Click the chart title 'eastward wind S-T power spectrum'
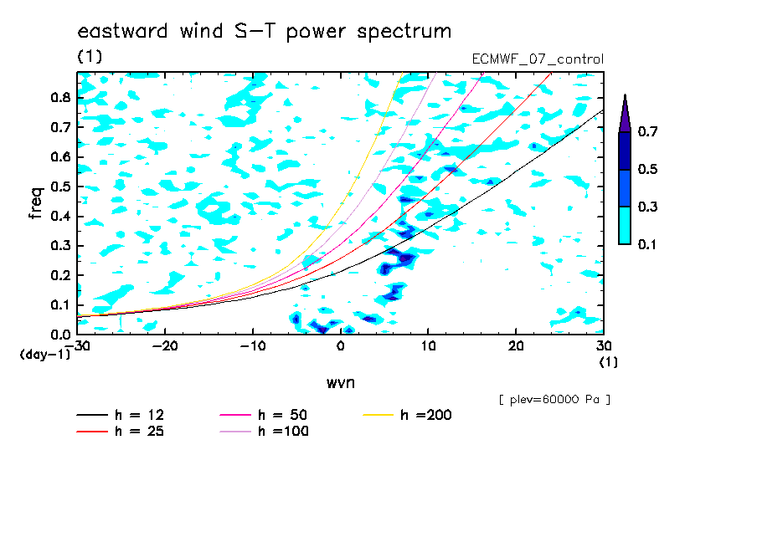tap(264, 31)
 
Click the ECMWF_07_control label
tap(538, 59)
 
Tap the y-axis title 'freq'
tap(36, 203)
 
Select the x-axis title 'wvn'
tap(341, 383)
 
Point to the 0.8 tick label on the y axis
tap(60, 97)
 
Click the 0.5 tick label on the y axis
tap(60, 187)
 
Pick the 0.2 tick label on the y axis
tap(60, 275)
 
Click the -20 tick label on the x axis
tap(165, 346)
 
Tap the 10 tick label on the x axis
tap(428, 346)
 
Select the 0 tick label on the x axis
tap(341, 346)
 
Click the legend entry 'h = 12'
tap(121, 415)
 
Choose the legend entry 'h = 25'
tap(121, 431)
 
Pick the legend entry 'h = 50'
tap(264, 415)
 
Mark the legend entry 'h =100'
tap(264, 431)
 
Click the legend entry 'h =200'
tap(408, 415)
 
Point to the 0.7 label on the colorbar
tap(647, 131)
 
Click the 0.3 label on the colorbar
tap(647, 207)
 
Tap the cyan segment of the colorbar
tap(625, 225)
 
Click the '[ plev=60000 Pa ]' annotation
tap(554, 400)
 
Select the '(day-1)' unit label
tap(44, 355)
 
